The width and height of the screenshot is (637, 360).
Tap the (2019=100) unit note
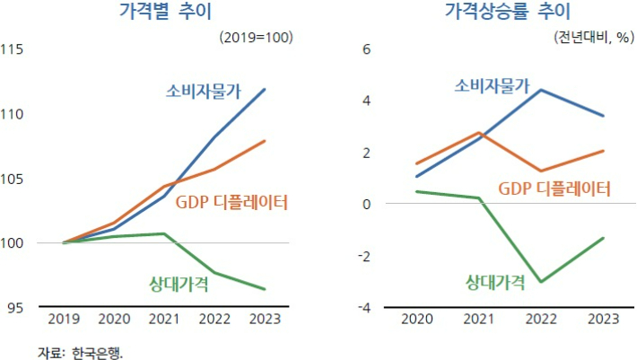[256, 38]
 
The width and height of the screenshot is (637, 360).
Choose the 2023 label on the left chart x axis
[264, 319]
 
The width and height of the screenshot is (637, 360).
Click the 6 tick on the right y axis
[365, 49]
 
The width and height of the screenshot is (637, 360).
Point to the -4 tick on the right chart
[363, 308]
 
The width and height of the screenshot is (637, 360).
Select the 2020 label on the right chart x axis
[416, 319]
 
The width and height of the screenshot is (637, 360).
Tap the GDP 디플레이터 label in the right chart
[554, 189]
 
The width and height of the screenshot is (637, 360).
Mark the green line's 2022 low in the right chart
[540, 282]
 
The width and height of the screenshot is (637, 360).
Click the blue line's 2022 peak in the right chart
[540, 90]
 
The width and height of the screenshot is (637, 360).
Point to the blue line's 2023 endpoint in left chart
[265, 89]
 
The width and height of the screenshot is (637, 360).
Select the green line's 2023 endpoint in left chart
[265, 289]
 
